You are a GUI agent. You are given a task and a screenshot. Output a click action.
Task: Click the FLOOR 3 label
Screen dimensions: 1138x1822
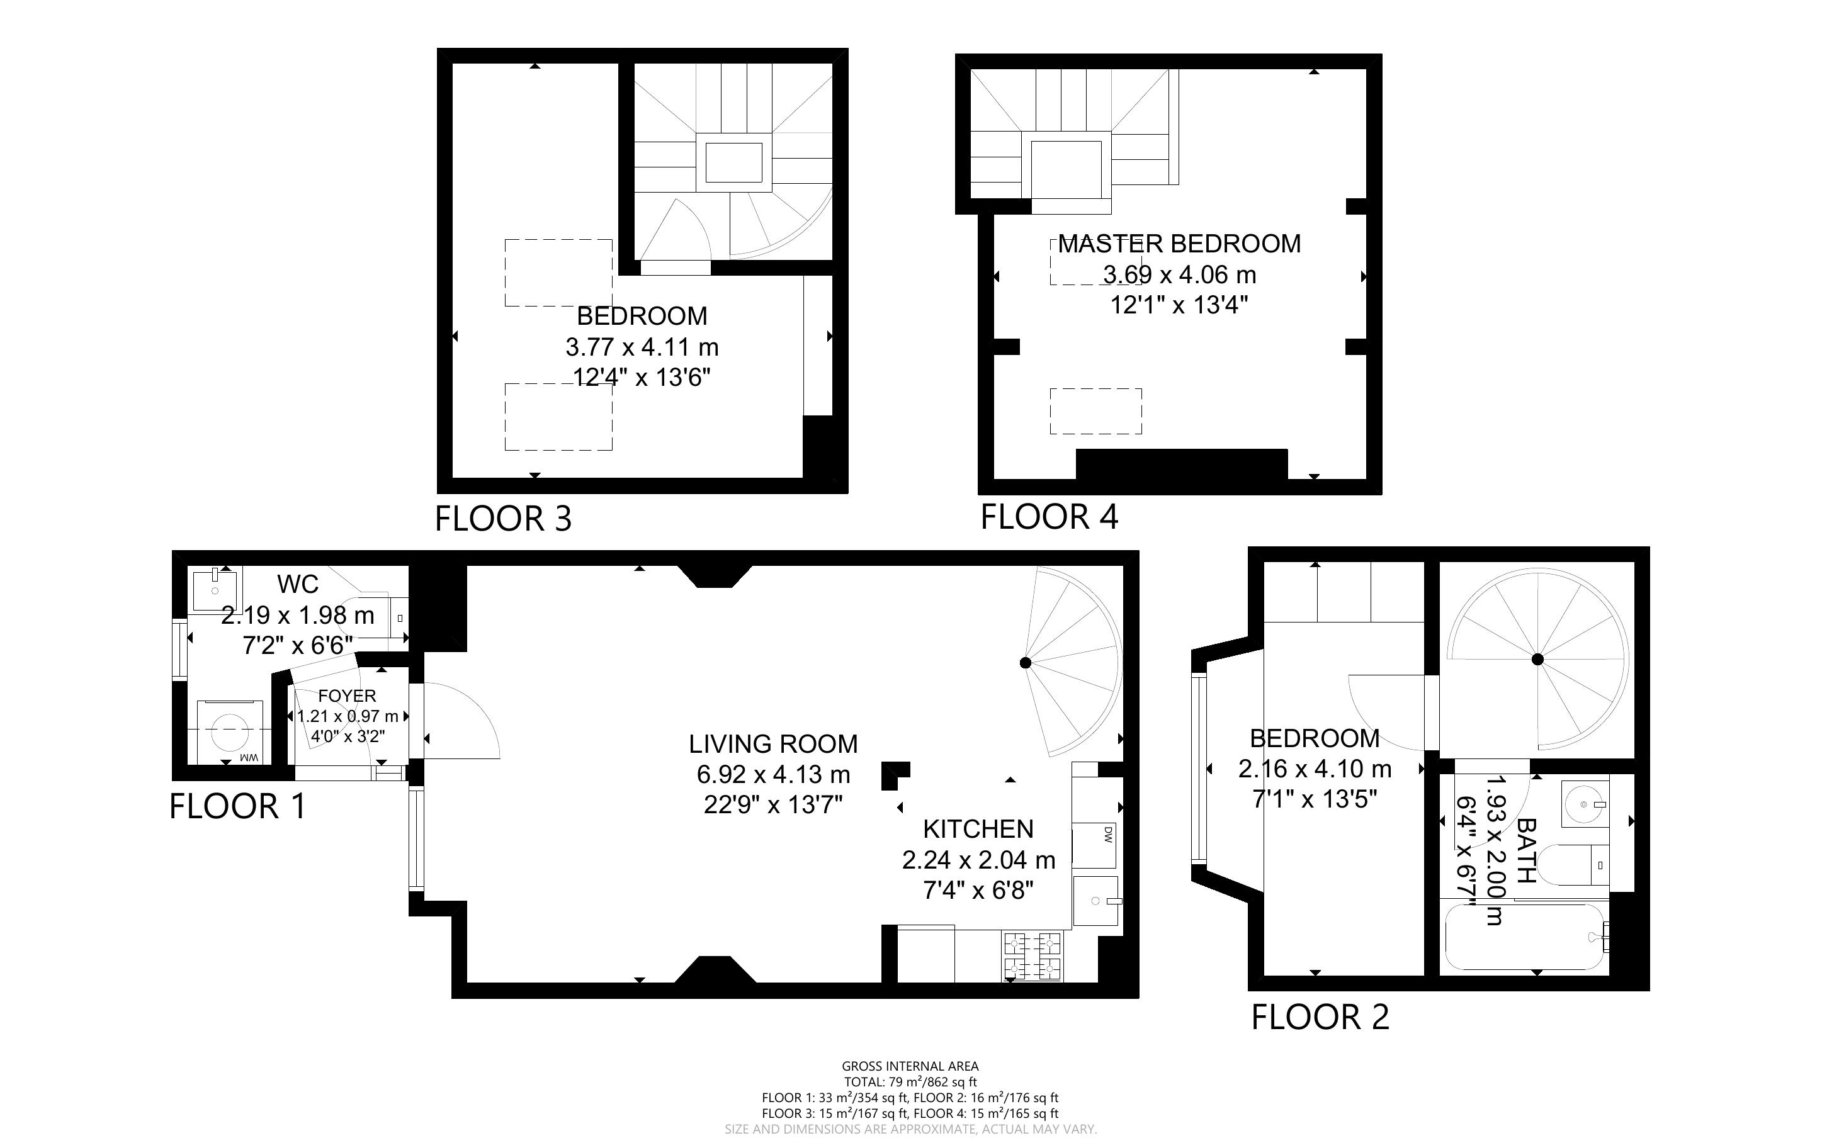click(504, 519)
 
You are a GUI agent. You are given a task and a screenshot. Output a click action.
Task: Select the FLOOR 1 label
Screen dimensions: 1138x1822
click(238, 806)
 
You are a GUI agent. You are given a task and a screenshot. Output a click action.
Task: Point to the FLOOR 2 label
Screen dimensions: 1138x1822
click(1320, 1017)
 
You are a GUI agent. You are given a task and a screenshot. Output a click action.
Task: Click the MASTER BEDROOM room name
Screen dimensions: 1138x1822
click(1179, 244)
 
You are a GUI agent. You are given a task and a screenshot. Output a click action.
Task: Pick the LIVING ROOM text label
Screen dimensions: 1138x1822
click(773, 743)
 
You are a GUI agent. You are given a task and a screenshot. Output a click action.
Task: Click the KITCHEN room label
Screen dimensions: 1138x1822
click(978, 829)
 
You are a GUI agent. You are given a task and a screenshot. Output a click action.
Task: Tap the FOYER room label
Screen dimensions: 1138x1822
click(347, 696)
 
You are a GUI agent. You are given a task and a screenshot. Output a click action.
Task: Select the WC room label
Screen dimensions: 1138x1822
click(297, 583)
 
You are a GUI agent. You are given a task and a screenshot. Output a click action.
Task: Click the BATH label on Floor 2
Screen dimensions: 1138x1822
click(1525, 850)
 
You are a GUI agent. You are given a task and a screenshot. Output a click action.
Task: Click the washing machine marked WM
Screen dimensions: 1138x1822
click(230, 731)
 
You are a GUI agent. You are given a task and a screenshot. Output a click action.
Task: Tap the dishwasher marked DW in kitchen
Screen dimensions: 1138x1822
click(1095, 845)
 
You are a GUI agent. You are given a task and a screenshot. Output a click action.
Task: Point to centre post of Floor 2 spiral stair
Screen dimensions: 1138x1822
click(1537, 659)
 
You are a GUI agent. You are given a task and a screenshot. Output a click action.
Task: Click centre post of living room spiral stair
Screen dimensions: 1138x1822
click(1024, 662)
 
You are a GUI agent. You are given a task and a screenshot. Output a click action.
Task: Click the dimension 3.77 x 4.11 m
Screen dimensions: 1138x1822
click(642, 347)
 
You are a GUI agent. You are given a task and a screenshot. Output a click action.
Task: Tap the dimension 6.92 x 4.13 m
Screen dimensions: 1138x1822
click(773, 774)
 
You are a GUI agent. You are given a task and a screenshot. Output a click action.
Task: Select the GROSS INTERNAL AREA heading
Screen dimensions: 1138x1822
click(910, 1066)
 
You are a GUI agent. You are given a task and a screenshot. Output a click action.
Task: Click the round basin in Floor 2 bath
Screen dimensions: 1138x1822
click(1584, 804)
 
